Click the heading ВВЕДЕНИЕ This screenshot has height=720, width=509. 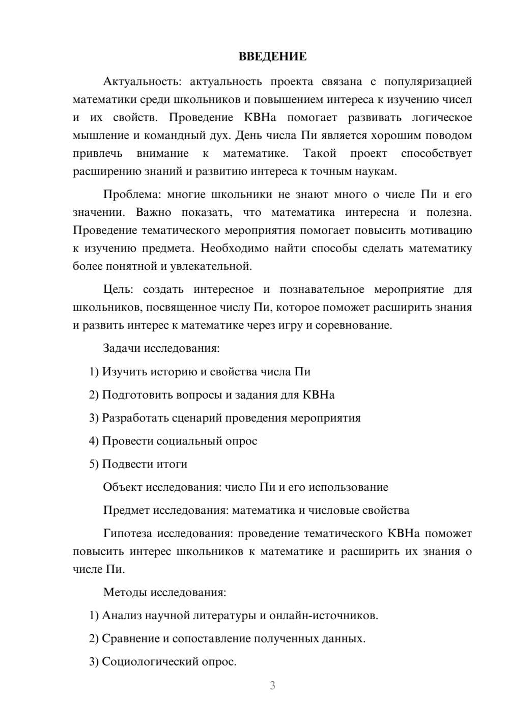point(272,57)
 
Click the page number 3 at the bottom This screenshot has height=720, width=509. point(272,685)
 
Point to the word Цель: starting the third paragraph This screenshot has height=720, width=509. point(118,289)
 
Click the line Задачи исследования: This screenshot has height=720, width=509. point(161,348)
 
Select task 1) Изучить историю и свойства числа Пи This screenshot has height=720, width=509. point(200,372)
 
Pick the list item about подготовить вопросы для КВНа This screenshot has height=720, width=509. point(212,395)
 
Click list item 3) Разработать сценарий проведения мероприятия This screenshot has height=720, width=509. point(224,418)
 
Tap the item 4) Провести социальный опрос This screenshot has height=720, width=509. point(173,441)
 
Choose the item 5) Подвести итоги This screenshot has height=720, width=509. point(138,464)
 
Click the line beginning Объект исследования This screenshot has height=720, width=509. point(245,487)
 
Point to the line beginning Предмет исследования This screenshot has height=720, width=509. point(256,510)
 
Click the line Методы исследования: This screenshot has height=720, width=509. point(164,592)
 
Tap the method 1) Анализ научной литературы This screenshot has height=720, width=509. point(234,616)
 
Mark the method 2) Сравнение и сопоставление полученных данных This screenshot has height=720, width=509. point(227,639)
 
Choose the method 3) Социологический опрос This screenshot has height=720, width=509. point(163,662)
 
